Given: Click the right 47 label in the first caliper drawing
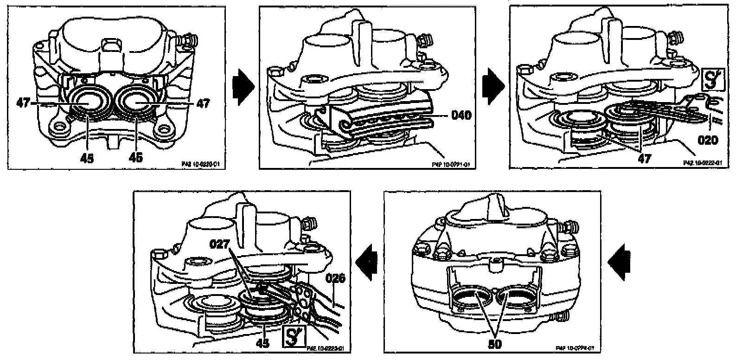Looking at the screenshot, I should tap(202, 103).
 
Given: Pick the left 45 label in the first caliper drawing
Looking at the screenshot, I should tap(87, 158).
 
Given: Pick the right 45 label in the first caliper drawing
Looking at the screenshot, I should tap(136, 158).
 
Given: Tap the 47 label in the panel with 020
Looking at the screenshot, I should tap(644, 158).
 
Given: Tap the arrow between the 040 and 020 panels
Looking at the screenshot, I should tap(493, 85).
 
